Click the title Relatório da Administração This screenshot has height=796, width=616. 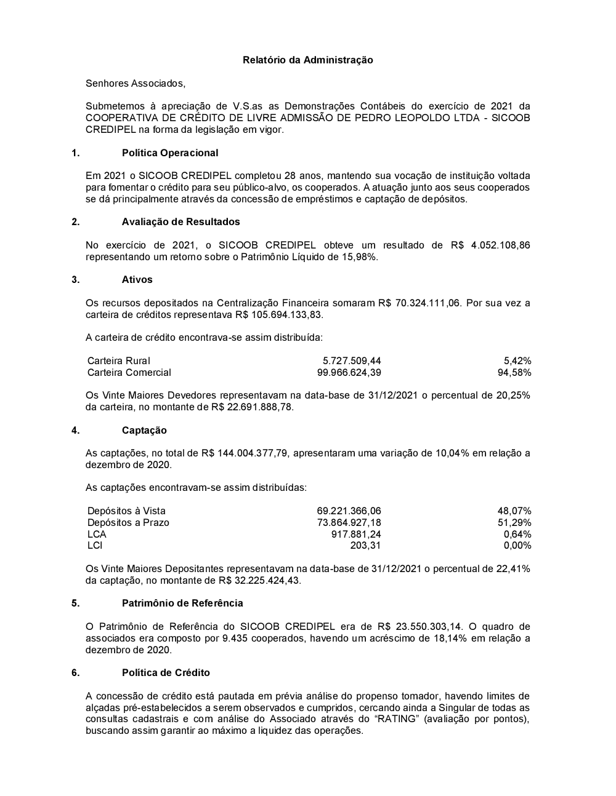click(x=307, y=60)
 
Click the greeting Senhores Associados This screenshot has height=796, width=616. click(x=135, y=83)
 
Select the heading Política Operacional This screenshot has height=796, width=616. click(x=170, y=153)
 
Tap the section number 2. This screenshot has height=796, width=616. click(x=75, y=221)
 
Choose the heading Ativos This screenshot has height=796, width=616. click(x=137, y=279)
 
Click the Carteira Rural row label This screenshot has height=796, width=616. click(x=119, y=361)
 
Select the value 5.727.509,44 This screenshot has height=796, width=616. click(x=352, y=361)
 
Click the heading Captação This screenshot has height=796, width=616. click(x=144, y=430)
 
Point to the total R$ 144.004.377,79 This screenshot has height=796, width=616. click(x=245, y=453)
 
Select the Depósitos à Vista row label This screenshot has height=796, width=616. click(x=126, y=511)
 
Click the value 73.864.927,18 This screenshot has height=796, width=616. click(x=349, y=523)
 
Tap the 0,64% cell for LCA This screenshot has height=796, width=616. click(x=517, y=534)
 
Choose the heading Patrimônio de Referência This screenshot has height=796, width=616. click(x=182, y=603)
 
